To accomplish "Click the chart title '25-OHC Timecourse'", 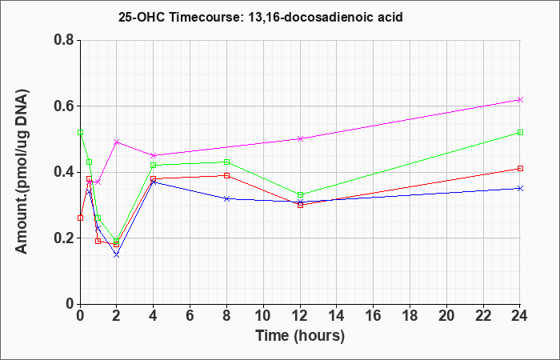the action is coord(177,17).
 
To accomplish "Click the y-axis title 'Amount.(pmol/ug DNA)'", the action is coord(22,171).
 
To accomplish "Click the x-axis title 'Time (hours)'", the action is coord(300,336).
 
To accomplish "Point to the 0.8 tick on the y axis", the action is coord(66,40).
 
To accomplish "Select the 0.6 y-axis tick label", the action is coord(66,106).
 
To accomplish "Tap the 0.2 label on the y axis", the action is coord(66,238).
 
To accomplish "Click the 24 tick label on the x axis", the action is coord(520,316).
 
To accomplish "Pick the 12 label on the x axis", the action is coord(300,316).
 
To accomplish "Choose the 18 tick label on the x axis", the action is coord(410,316).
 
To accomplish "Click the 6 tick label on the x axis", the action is coord(190,316).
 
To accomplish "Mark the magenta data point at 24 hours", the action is coord(520,100).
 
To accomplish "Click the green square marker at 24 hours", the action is coord(520,133).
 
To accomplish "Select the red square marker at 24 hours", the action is coord(520,169).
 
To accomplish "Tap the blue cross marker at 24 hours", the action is coord(520,188).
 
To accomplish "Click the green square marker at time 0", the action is coord(80,133).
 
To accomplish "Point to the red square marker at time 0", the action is coord(80,218).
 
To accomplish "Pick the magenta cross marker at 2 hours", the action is coord(117,142).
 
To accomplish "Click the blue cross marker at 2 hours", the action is coord(117,254).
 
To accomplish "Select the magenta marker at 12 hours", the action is coord(300,139).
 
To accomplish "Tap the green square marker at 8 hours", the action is coord(226,162).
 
